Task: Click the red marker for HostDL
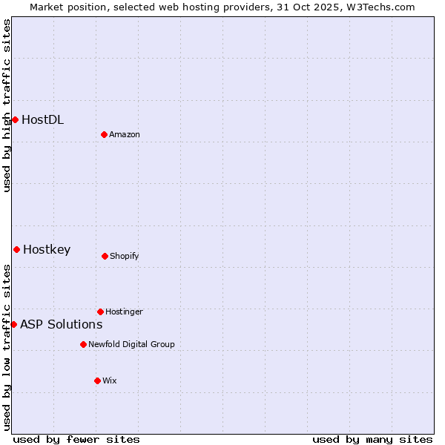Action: point(15,119)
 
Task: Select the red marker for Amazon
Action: point(105,134)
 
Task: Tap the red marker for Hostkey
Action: point(16,249)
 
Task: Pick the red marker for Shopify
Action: point(105,256)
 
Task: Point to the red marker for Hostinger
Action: point(100,311)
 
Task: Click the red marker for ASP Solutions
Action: point(13,324)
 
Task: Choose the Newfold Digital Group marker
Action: point(83,344)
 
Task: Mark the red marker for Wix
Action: point(97,380)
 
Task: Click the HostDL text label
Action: point(42,119)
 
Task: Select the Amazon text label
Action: point(125,134)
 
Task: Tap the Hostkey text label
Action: point(47,249)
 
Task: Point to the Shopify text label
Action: point(125,256)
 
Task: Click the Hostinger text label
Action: point(124,311)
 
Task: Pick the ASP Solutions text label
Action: point(61,324)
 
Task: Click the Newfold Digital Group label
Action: point(131,344)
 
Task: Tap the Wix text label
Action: point(110,380)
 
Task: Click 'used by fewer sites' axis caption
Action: point(76,439)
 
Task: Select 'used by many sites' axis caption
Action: point(372,439)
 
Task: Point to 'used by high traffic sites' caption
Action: point(7,105)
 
